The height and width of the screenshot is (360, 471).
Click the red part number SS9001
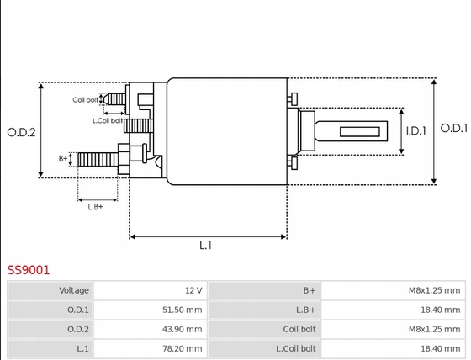pos(29,270)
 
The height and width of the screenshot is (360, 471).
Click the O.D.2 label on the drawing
pos(21,132)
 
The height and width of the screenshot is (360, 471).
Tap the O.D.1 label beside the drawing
pos(454,129)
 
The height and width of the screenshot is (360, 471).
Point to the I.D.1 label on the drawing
pos(416,131)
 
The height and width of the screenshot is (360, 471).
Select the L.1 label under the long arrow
pos(206,246)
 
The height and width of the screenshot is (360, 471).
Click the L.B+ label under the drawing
pos(95,207)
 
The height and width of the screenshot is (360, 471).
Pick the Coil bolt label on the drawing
pos(85,100)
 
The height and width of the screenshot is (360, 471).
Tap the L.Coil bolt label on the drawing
pos(108,121)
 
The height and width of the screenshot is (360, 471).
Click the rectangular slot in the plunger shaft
pos(360,131)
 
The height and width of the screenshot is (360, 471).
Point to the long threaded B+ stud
pos(98,160)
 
